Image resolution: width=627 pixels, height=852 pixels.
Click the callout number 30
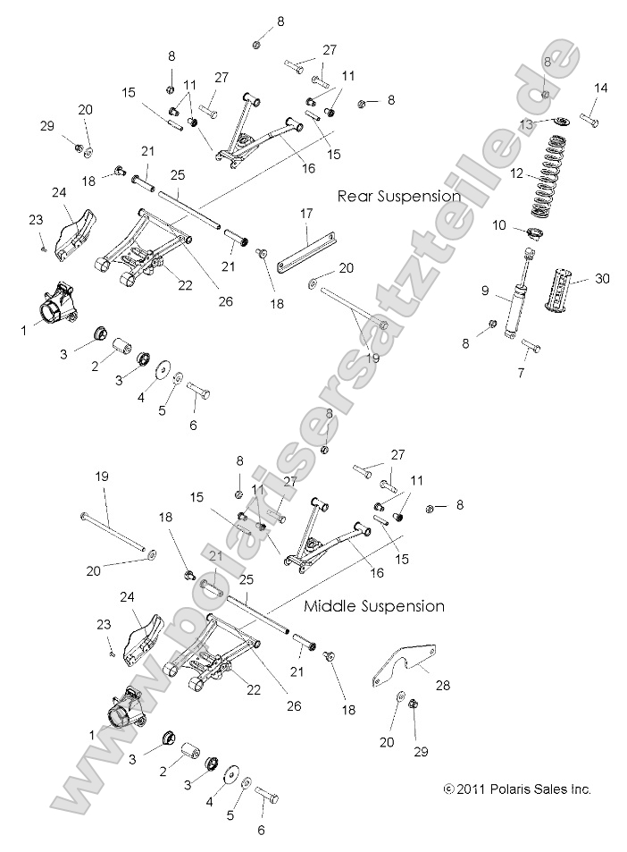[602, 279]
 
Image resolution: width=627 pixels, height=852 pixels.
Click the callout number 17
[306, 214]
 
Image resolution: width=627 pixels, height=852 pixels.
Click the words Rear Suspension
[398, 196]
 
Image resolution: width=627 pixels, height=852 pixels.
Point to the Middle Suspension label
[374, 606]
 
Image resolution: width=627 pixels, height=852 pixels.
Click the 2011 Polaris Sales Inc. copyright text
[518, 789]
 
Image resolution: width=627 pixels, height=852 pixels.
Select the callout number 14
[600, 88]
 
